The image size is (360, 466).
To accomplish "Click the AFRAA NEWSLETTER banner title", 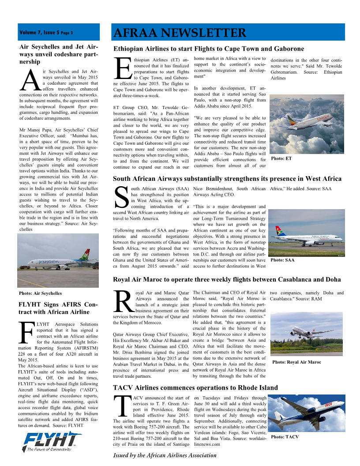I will [x=180, y=33].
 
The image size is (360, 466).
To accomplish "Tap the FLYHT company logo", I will [x=52, y=441].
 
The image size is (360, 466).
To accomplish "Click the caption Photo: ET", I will [x=281, y=158].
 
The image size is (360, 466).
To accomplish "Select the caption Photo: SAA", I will [x=282, y=260].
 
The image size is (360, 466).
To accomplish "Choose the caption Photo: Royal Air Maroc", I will [x=296, y=362].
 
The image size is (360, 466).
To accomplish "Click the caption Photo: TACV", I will [x=285, y=436].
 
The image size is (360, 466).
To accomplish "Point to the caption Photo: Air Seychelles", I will [x=40, y=293].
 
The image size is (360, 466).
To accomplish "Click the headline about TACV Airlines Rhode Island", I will [x=195, y=387].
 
